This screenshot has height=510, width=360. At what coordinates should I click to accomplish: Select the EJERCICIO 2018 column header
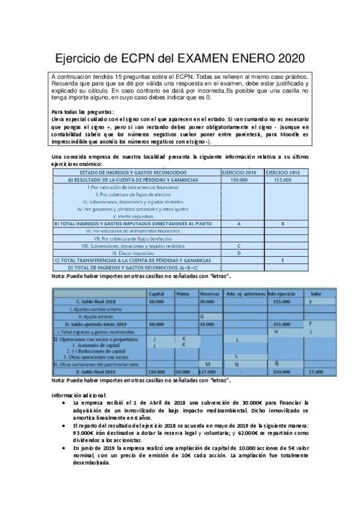click(282, 173)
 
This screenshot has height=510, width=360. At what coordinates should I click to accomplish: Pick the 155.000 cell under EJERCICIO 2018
click(282, 180)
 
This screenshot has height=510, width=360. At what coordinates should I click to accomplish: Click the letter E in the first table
click(282, 260)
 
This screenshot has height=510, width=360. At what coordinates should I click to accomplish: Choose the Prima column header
click(183, 293)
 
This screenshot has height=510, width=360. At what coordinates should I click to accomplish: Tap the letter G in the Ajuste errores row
click(202, 316)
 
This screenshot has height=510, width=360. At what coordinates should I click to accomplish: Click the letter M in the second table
click(207, 364)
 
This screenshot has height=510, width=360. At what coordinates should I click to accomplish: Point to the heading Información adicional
click(79, 395)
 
